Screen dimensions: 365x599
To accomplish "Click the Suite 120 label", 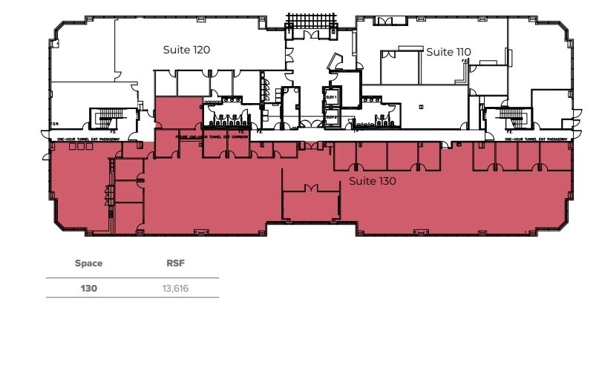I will (187, 50).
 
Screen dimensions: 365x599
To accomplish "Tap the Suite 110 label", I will (449, 51).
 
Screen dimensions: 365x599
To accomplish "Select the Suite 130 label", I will (373, 181).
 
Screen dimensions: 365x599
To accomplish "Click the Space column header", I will (89, 263).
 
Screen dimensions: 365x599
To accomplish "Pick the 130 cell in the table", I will (89, 288).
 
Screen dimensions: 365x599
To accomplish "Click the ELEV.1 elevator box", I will (331, 97).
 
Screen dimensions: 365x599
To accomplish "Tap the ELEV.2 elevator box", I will (331, 116).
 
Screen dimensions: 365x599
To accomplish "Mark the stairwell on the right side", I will (511, 119).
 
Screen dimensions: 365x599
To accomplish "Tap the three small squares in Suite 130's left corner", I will (76, 148).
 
